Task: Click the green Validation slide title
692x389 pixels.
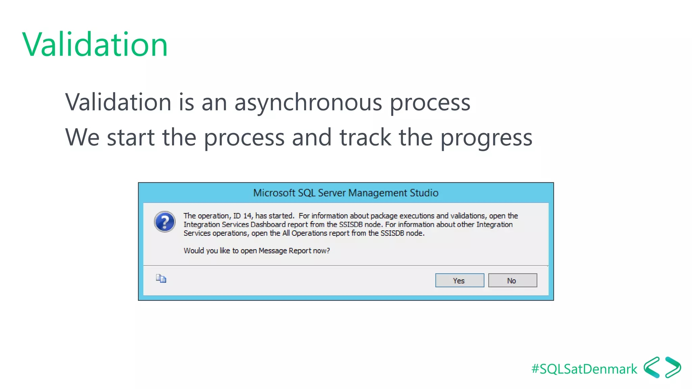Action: click(x=95, y=44)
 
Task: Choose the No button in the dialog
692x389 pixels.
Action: click(x=512, y=281)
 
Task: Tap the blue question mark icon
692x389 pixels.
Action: click(x=165, y=222)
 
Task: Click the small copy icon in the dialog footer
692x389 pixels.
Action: click(x=161, y=279)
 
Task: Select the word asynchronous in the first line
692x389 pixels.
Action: click(x=308, y=102)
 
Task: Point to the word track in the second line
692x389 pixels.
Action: click(x=365, y=137)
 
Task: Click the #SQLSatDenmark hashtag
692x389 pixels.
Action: click(x=584, y=369)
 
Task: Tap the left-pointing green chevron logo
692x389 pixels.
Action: click(x=652, y=367)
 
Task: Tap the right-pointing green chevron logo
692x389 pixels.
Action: click(x=673, y=367)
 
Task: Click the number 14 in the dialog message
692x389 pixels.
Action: click(x=247, y=216)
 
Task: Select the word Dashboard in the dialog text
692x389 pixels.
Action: click(x=268, y=225)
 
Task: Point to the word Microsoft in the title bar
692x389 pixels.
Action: click(x=274, y=193)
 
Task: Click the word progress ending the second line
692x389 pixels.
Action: click(x=486, y=138)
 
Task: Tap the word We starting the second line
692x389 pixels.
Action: click(x=82, y=137)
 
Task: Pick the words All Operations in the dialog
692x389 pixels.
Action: click(x=304, y=233)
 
